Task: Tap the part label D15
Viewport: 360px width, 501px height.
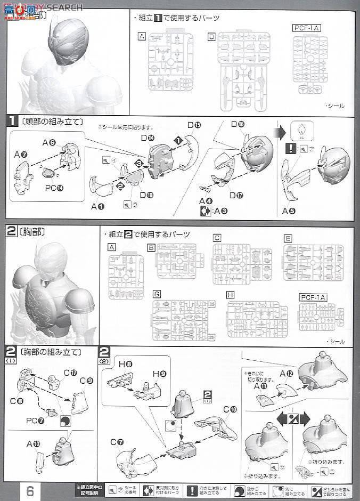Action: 193,126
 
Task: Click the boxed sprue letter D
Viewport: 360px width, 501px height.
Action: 211,36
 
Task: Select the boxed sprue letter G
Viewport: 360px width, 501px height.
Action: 157,294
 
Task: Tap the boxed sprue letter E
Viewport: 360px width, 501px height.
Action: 288,238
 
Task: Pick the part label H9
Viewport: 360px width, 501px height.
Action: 159,374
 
